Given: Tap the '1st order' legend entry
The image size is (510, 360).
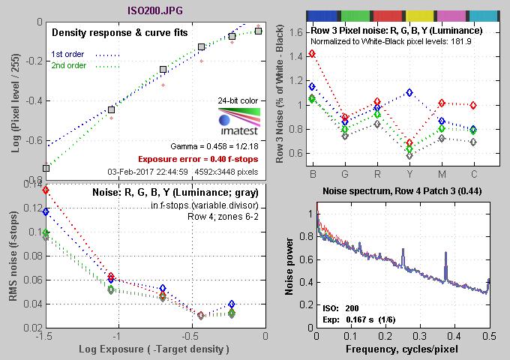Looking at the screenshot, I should click(x=67, y=53).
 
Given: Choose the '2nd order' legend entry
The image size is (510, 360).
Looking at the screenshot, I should click(x=67, y=65).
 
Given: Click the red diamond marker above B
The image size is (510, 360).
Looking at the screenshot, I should click(x=312, y=54).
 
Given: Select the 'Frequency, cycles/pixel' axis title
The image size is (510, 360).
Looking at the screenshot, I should click(x=402, y=350).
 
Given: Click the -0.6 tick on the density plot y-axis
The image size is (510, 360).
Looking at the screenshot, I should click(x=31, y=139).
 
